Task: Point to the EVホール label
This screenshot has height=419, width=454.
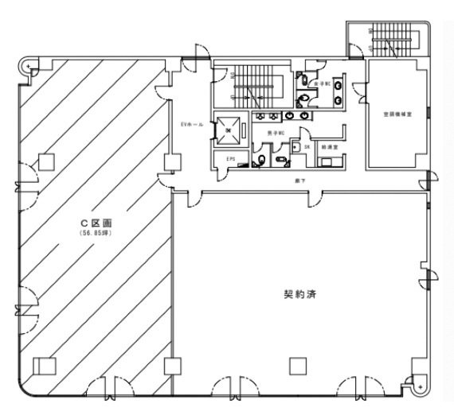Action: (191, 126)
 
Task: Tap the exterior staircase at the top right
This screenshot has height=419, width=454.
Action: (386, 38)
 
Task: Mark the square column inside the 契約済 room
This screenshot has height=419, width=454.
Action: (298, 367)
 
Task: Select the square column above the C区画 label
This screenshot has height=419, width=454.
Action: (46, 162)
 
